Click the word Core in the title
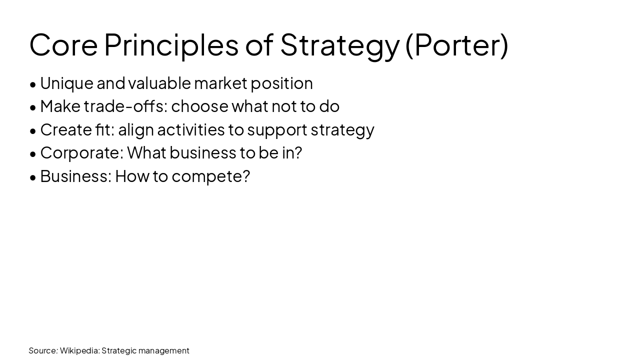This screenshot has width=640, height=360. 63,44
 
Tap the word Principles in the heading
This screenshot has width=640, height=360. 171,44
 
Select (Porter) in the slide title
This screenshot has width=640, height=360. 456,44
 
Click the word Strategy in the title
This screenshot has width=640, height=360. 339,44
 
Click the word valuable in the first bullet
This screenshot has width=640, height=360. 159,83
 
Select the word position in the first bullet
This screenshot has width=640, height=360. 281,83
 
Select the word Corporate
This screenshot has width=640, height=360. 81,152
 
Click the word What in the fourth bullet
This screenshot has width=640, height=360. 146,152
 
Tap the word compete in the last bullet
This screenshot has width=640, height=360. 210,176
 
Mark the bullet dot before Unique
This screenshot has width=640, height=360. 33,84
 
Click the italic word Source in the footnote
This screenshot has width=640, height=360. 43,350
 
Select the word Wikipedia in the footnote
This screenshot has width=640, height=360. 79,350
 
